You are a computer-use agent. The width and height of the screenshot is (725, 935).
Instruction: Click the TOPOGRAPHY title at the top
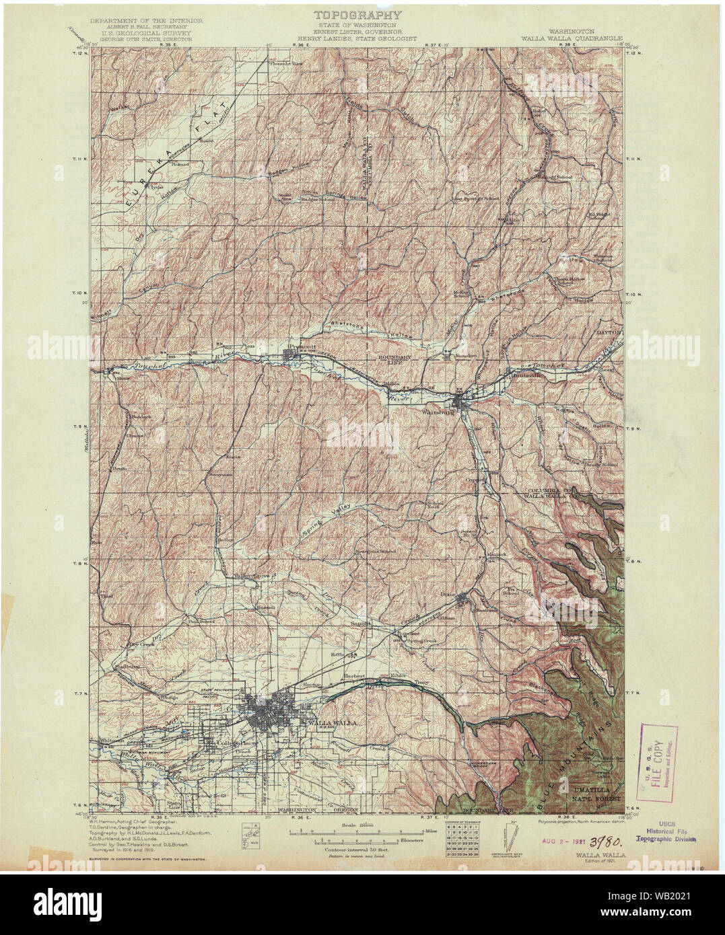pos(357,15)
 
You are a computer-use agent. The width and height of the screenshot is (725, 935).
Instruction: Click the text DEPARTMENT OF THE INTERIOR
pos(141,21)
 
